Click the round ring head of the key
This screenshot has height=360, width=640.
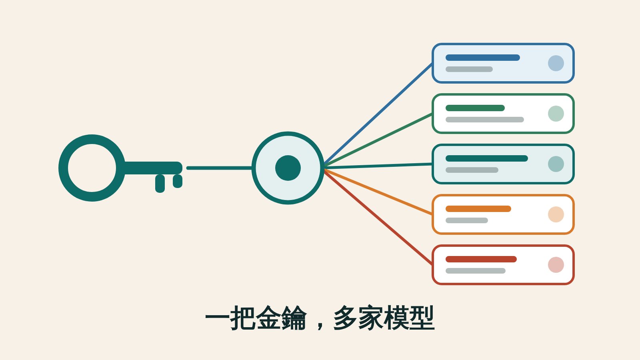pyautogui.click(x=64, y=168)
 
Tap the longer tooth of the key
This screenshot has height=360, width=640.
pyautogui.click(x=160, y=184)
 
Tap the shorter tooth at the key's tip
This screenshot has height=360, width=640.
pyautogui.click(x=178, y=181)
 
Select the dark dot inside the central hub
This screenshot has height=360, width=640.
pyautogui.click(x=288, y=168)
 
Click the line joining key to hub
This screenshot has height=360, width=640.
pyautogui.click(x=219, y=168)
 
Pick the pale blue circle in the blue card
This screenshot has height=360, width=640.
pyautogui.click(x=556, y=63)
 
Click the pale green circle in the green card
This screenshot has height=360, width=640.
pyautogui.click(x=556, y=114)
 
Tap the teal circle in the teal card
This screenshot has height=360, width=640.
pyautogui.click(x=556, y=164)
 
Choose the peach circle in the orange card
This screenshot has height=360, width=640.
pyautogui.click(x=556, y=214)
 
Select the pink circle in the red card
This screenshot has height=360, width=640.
pyautogui.click(x=556, y=265)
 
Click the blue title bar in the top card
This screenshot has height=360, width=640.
pyautogui.click(x=483, y=58)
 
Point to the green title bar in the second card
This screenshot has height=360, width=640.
pyautogui.click(x=475, y=108)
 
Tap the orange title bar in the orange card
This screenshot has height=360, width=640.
pyautogui.click(x=478, y=209)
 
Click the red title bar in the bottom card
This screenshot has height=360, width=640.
pyautogui.click(x=481, y=259)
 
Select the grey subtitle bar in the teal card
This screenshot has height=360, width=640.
pyautogui.click(x=472, y=170)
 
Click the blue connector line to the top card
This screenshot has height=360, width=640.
pyautogui.click(x=378, y=114)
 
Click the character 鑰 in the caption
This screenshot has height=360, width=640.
pyautogui.click(x=294, y=318)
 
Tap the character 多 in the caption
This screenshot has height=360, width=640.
pyautogui.click(x=346, y=318)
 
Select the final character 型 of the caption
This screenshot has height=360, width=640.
pyautogui.click(x=422, y=318)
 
